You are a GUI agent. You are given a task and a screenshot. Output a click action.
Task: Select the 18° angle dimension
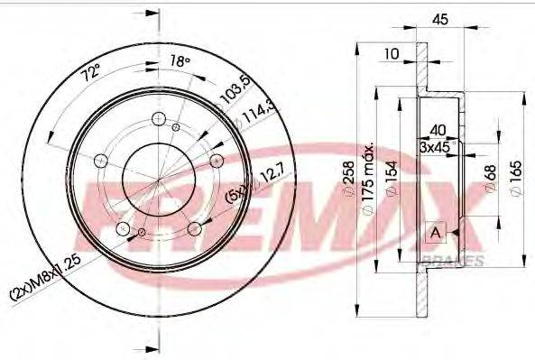(180, 61)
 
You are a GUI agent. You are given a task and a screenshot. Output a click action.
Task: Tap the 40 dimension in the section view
(438, 129)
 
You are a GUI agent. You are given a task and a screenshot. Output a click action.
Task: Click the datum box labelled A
(437, 234)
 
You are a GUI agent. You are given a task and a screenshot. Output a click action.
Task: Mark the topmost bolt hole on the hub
(160, 118)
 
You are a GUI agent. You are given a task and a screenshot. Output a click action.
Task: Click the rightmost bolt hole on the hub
(217, 160)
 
